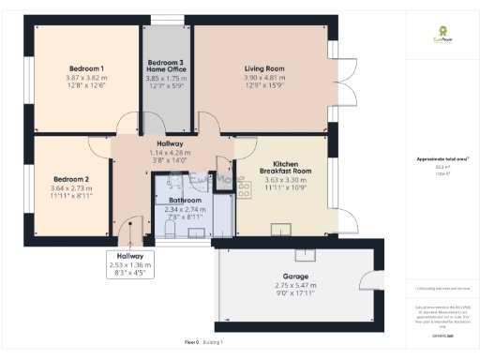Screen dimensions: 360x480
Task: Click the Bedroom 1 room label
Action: point(86,68)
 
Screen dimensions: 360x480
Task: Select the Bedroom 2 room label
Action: point(71,179)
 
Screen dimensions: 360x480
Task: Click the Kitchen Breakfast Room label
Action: point(285,167)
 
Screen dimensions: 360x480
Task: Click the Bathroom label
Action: point(185,201)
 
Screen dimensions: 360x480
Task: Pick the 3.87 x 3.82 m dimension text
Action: point(86,80)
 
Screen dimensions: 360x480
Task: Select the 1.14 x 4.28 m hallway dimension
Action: point(171,153)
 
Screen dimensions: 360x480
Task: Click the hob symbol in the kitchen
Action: point(246,189)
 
